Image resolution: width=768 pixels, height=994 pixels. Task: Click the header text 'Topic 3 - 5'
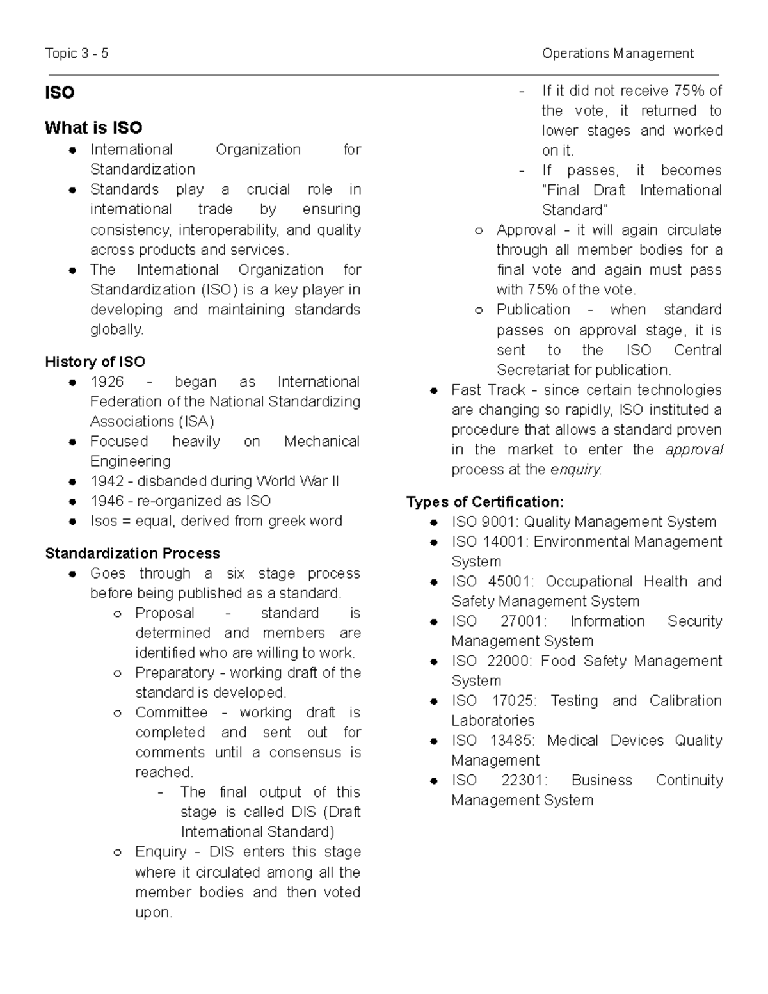76,53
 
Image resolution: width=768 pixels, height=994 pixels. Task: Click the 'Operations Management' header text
618,53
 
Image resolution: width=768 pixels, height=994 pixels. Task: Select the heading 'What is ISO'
93,128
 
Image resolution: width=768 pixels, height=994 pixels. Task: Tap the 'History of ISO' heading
95,362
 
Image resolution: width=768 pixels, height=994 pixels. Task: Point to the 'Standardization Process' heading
132,553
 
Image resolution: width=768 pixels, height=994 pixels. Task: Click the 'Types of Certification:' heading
485,502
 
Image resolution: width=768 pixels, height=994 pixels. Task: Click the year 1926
107,382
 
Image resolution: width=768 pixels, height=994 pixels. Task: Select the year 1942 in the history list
107,481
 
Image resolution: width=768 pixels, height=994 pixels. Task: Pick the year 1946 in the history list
107,501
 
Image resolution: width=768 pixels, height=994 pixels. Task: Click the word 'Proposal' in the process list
164,613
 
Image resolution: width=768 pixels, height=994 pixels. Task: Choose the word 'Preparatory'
175,673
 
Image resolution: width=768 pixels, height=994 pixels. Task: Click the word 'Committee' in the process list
172,712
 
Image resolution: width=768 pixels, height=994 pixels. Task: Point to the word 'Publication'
533,310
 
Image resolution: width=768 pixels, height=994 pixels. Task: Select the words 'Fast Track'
488,390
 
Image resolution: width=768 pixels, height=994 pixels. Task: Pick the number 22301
524,780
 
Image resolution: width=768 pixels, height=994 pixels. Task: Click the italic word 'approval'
694,450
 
